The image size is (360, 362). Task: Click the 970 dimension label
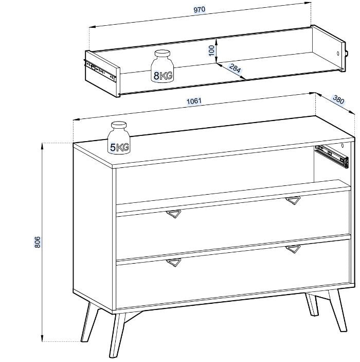(199, 10)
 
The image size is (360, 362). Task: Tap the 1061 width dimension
(194, 101)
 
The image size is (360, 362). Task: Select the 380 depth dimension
(338, 99)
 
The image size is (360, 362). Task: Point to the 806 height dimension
(38, 242)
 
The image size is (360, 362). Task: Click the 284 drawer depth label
(235, 68)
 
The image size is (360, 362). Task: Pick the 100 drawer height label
(211, 50)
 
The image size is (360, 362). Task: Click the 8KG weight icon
(162, 66)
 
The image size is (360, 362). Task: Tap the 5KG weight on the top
(119, 138)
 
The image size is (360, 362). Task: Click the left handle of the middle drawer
(174, 214)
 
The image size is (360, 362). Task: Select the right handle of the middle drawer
(293, 200)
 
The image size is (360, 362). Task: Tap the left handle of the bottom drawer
(174, 263)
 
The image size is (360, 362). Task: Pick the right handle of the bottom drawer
(293, 249)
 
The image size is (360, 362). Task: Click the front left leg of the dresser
(118, 335)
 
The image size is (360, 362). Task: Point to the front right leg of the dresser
(338, 310)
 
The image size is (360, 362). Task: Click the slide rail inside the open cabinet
(332, 156)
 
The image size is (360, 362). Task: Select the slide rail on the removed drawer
(100, 70)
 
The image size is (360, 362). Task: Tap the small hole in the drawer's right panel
(338, 54)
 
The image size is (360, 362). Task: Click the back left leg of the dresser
(89, 322)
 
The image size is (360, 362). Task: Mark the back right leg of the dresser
(312, 304)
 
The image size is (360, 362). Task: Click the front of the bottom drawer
(233, 275)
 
